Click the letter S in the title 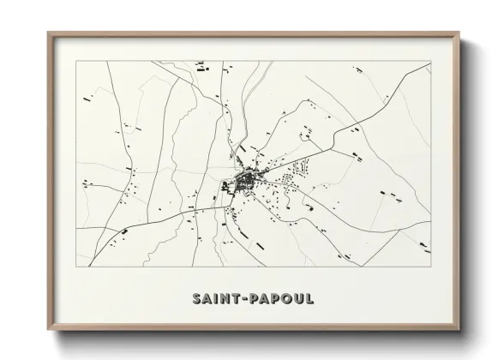click(x=197, y=298)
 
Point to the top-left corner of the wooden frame click(x=48, y=33)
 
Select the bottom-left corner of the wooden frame click(x=48, y=330)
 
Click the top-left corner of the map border click(x=76, y=62)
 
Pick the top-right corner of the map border click(x=431, y=62)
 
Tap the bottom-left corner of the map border click(x=76, y=267)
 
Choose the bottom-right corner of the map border click(x=431, y=267)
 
